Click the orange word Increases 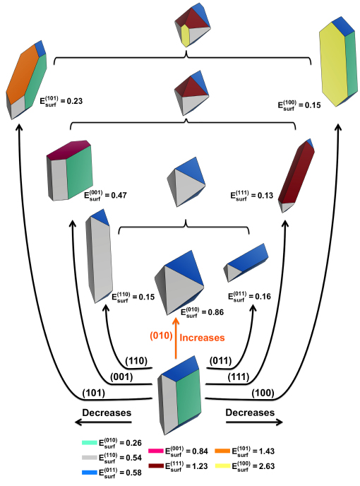click(202, 338)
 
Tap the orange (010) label click(161, 336)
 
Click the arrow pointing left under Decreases click(103, 422)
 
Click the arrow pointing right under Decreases click(254, 422)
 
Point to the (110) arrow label click(136, 361)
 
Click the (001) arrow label click(121, 377)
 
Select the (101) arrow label click(94, 393)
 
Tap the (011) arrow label click(220, 361)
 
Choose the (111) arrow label click(239, 377)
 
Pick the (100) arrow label click(263, 393)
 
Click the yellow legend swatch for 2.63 click(222, 466)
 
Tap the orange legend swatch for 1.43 click(222, 451)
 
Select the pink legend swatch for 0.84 click(156, 451)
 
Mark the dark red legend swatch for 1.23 click(156, 466)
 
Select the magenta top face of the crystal click(68, 150)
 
